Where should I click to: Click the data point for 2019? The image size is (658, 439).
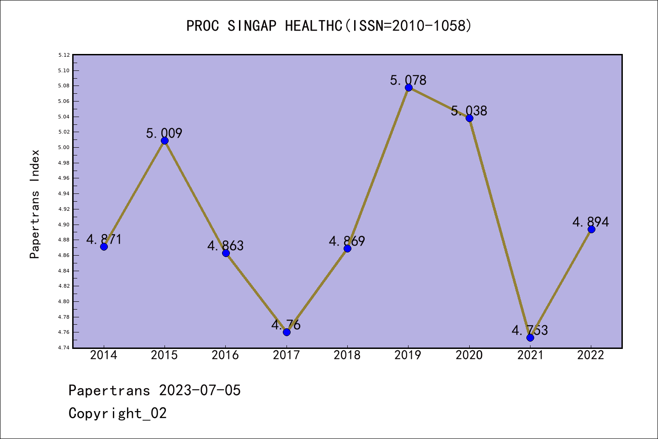(x=409, y=87)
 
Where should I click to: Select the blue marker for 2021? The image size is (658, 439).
(x=530, y=337)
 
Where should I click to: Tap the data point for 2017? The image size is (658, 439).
(x=287, y=332)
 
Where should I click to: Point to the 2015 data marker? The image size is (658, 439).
(x=164, y=140)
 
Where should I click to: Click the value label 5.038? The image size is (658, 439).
(x=469, y=111)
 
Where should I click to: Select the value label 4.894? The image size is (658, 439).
(x=591, y=222)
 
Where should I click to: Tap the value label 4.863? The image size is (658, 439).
(x=225, y=246)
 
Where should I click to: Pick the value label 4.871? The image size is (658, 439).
(x=104, y=239)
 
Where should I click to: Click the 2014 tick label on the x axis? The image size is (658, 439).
(x=104, y=355)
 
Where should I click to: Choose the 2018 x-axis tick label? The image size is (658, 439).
(x=347, y=355)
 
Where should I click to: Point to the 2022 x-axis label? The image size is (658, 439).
(x=591, y=355)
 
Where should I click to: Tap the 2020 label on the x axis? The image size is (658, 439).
(x=469, y=355)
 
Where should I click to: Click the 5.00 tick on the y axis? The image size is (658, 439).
(x=64, y=147)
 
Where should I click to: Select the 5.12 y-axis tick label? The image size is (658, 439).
(x=64, y=55)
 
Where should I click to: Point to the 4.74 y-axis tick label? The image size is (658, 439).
(x=64, y=348)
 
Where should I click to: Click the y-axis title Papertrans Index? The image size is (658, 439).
(x=35, y=204)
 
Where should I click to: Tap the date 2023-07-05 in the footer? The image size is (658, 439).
(x=200, y=391)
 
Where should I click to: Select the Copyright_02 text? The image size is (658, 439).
(x=117, y=413)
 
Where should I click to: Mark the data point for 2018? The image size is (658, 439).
(x=347, y=248)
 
